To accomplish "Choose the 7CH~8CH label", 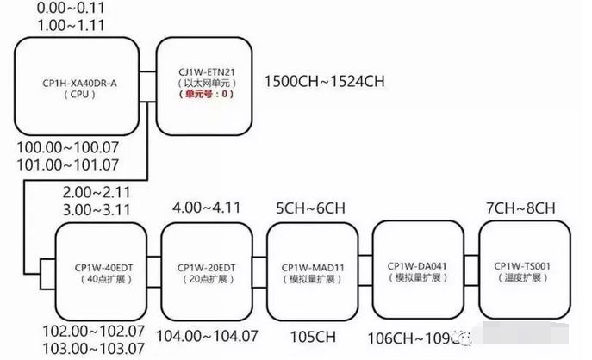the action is (522, 208).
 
